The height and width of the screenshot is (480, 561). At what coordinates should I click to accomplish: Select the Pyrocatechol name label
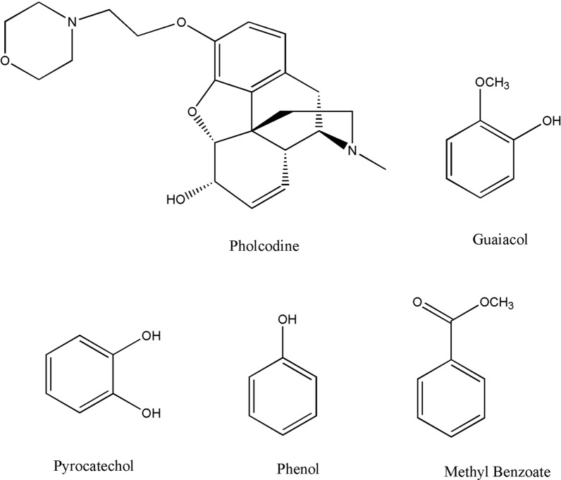pos(93,467)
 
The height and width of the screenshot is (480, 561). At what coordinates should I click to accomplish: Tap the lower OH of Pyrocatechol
pos(152,414)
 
